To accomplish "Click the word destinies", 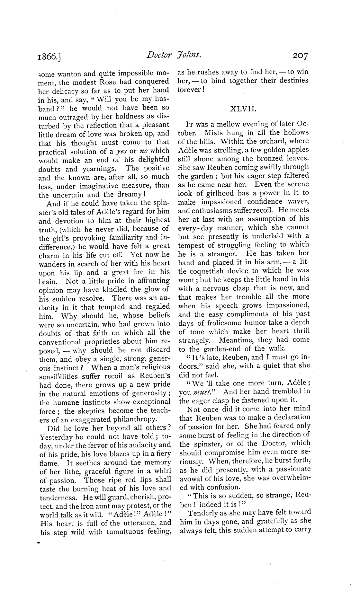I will click(292, 80).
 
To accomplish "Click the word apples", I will click(298, 150).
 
